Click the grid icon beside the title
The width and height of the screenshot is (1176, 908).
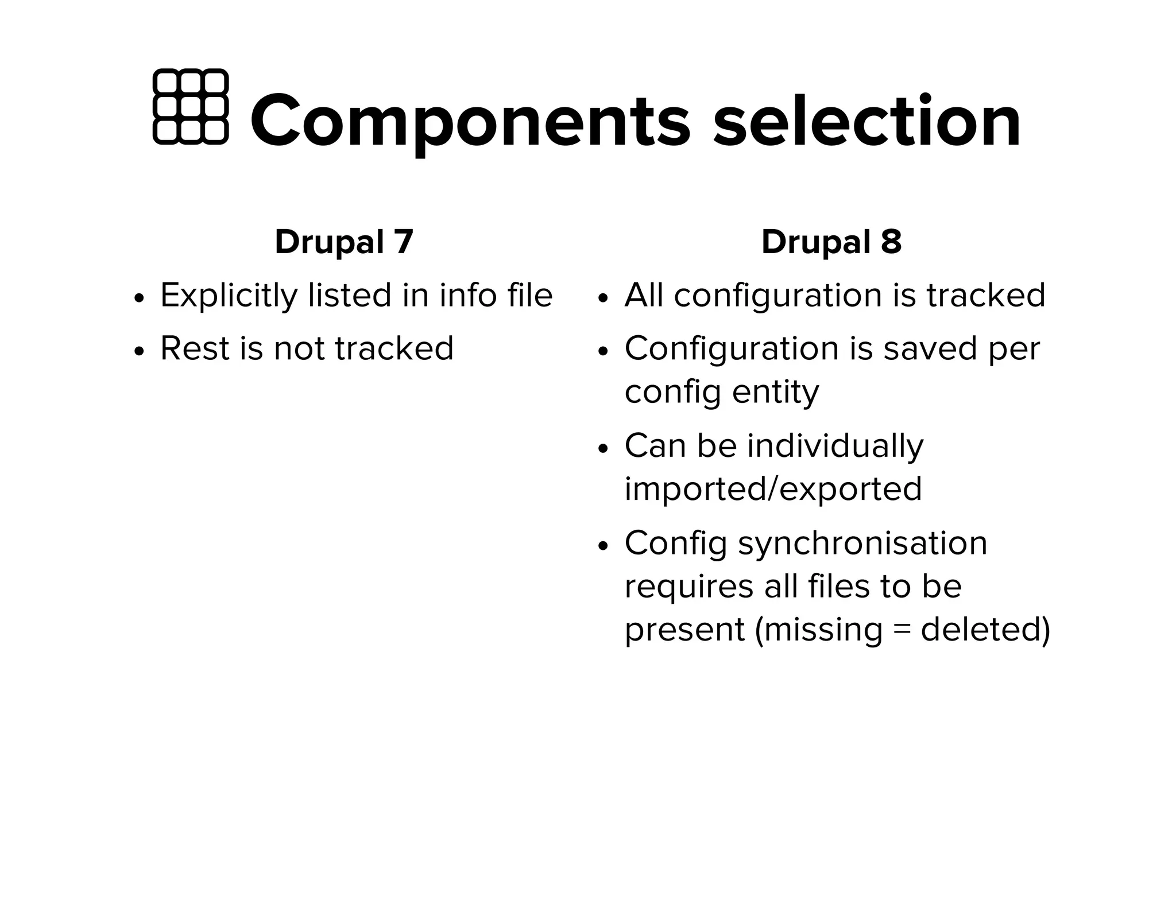(x=191, y=107)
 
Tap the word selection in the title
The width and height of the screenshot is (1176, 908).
(x=866, y=122)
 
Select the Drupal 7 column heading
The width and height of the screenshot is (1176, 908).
(x=344, y=242)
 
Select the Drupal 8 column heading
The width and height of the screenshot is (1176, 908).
(x=831, y=242)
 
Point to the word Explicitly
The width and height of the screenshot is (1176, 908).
(x=229, y=296)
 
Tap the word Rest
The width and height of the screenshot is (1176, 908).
(x=195, y=348)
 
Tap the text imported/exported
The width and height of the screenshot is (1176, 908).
(x=773, y=489)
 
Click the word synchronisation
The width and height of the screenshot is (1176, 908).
(x=862, y=543)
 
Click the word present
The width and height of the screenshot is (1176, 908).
(x=684, y=630)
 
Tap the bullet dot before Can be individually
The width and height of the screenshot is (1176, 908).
(x=602, y=448)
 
